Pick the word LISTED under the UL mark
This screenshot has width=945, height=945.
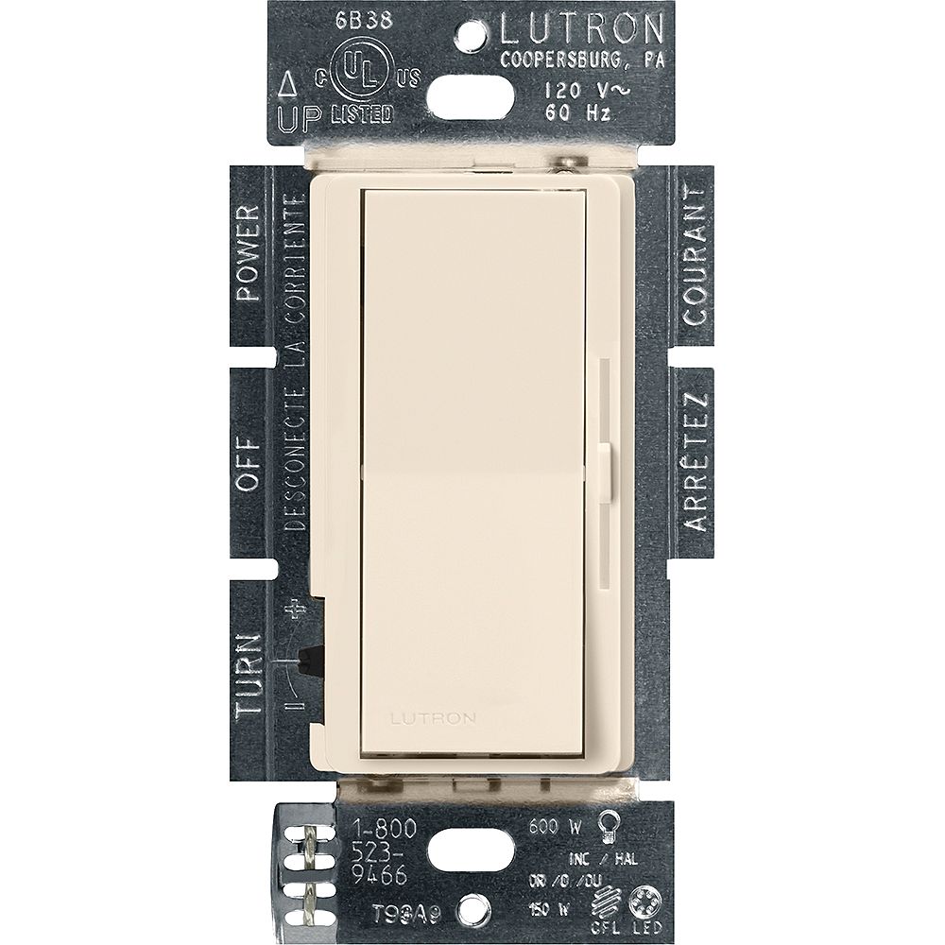coord(362,115)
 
